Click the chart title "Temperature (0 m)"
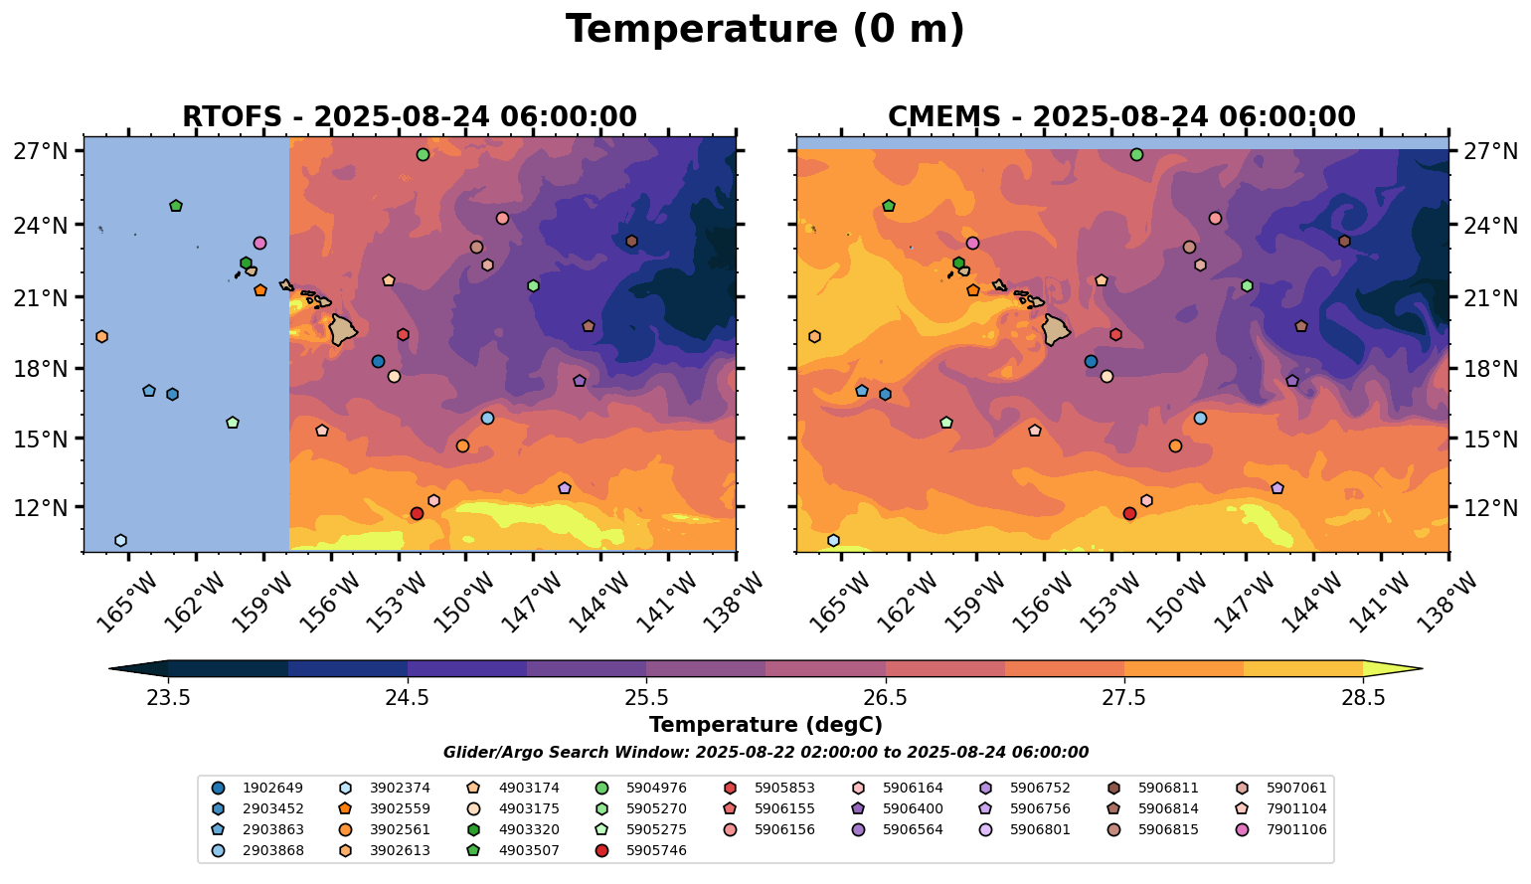[765, 30]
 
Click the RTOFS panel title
[409, 116]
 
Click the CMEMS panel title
[1121, 116]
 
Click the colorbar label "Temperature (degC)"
[765, 725]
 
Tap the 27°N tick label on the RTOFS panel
[41, 152]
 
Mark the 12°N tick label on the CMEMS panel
[1491, 508]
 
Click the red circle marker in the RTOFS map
[417, 513]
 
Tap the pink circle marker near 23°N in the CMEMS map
[972, 243]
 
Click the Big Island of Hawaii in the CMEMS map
[1056, 328]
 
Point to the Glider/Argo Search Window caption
[765, 753]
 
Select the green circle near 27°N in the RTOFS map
[423, 154]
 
